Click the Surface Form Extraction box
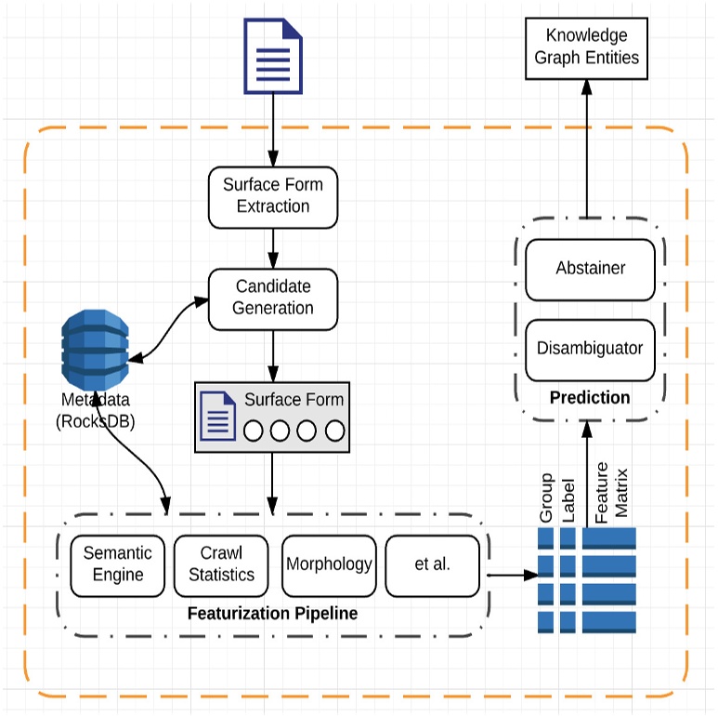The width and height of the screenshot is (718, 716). (272, 196)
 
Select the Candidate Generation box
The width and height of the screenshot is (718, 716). (272, 298)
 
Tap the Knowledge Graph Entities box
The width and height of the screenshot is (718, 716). (586, 47)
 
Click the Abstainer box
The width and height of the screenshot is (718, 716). (590, 269)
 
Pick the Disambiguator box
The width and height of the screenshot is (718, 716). (590, 350)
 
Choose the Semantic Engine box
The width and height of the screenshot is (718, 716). (118, 564)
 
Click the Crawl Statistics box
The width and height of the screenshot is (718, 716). (221, 564)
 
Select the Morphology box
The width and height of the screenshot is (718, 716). (329, 564)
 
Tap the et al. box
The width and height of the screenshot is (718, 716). (432, 564)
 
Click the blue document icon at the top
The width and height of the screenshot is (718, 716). (273, 58)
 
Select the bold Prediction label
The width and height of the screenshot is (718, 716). (590, 398)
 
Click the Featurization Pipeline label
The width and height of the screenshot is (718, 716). (272, 615)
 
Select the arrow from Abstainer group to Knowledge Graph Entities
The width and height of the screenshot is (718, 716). (587, 149)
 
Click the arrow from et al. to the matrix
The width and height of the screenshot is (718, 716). (512, 575)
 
